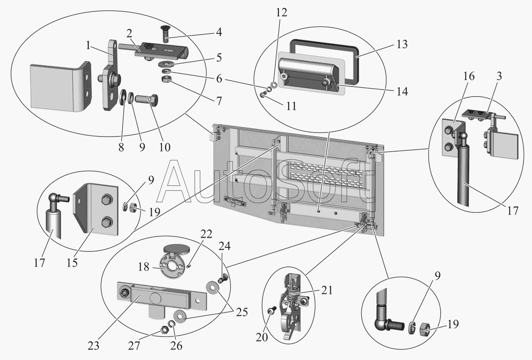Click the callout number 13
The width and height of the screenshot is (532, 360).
pos(402,44)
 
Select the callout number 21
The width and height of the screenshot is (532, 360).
pos(327,290)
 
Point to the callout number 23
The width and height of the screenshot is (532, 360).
pos(94,346)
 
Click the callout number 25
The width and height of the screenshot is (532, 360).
pos(242,312)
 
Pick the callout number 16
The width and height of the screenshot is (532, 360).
pos(469,76)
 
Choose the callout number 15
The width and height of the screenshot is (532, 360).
pos(72,262)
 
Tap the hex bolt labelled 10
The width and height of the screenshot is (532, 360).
pos(146,99)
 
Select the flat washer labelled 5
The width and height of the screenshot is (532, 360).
pos(166,64)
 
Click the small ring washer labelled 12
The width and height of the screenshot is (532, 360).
pos(274,85)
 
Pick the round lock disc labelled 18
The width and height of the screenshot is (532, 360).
pos(171,267)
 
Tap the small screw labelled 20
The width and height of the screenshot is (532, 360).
pos(272,310)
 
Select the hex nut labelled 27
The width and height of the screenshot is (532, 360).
pos(164,329)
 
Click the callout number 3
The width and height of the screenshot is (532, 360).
pos(499,76)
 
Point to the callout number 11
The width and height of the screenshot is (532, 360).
pos(291,106)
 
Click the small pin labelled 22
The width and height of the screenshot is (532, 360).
pos(188,266)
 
